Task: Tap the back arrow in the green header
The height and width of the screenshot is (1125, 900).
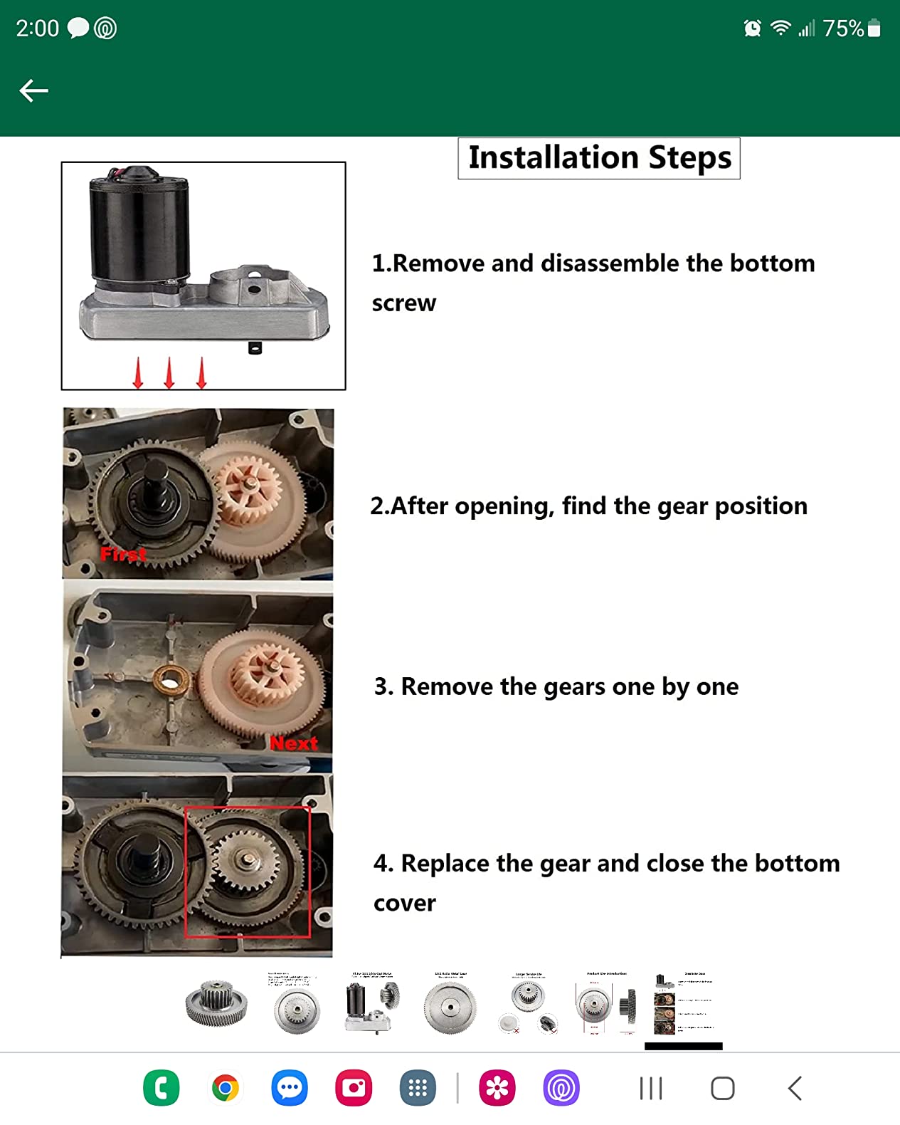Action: pos(33,90)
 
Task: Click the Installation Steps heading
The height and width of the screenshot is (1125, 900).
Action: pos(599,158)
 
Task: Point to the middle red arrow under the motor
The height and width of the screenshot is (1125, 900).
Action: pos(169,373)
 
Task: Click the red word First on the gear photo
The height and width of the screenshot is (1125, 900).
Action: pos(123,554)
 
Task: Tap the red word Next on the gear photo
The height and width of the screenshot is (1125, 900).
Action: pos(293,743)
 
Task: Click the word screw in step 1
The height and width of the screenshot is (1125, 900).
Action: pos(403,303)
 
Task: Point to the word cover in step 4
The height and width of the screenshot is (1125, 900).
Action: pos(404,903)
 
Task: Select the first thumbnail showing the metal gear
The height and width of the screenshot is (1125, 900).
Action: pos(216,1003)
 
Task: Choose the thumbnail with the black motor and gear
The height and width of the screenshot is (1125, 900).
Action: pos(372,1005)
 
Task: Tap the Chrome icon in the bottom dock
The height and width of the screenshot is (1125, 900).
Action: pos(225,1088)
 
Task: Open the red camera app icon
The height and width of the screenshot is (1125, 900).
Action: pos(354,1088)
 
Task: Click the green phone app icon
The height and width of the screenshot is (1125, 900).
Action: pos(161,1088)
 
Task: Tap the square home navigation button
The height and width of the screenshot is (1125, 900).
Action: pos(722,1088)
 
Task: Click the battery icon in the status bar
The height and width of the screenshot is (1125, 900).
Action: pos(874,28)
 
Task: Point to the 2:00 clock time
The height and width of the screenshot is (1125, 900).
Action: pos(37,28)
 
